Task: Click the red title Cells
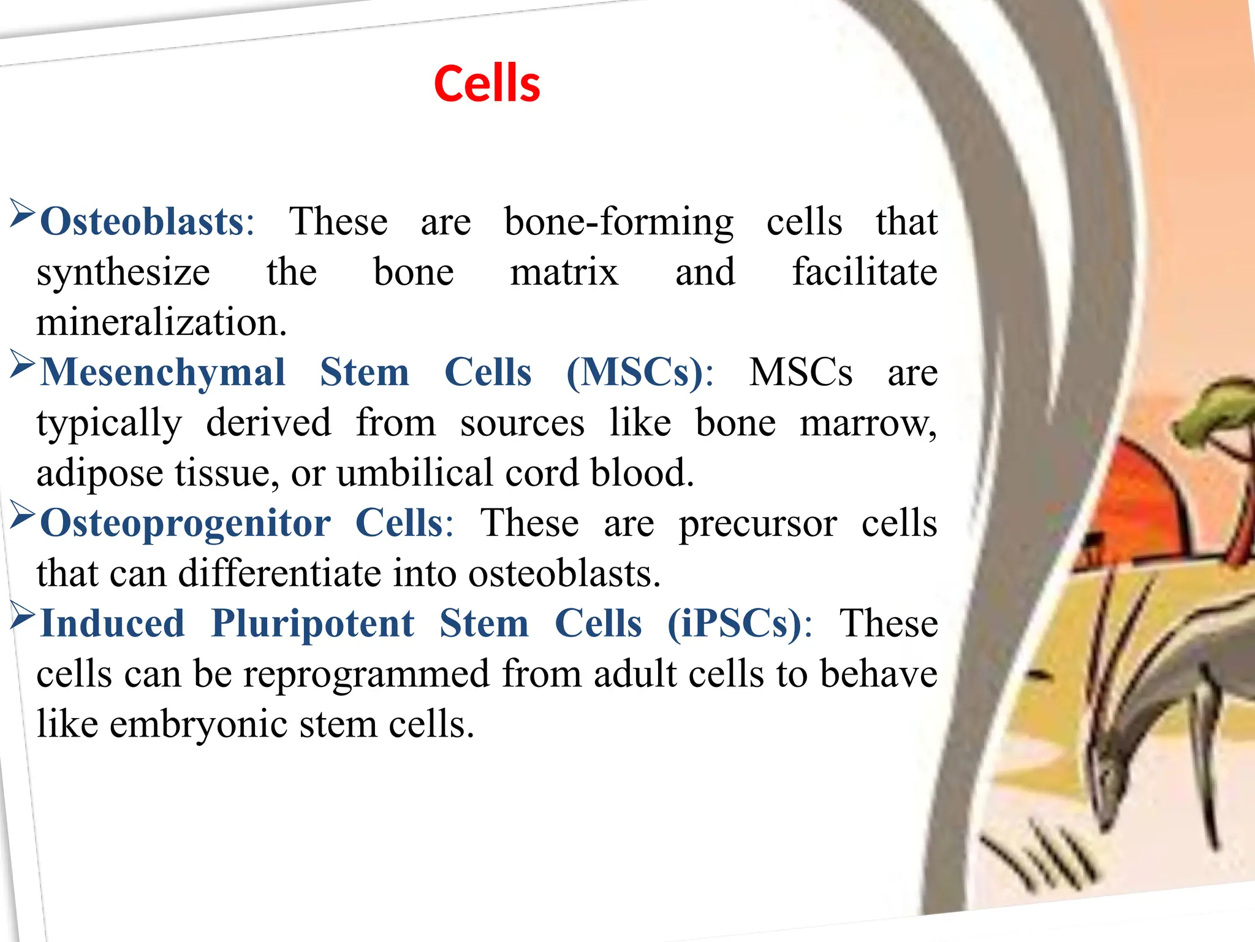pos(487,83)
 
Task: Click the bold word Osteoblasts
pos(143,222)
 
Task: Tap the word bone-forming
pos(618,222)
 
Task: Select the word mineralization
pos(161,323)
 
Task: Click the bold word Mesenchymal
pos(163,373)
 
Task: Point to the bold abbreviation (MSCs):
pos(640,373)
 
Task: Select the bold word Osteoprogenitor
pos(185,524)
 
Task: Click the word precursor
pos(757,524)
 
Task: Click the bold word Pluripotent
pos(313,624)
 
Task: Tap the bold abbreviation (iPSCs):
pos(739,624)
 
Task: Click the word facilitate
pos(864,272)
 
